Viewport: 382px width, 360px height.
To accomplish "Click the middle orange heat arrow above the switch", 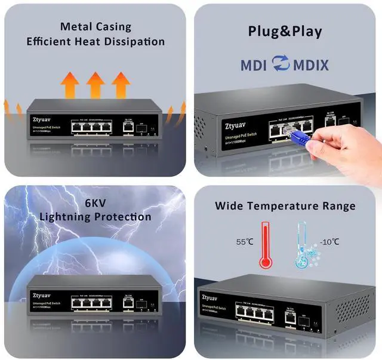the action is coord(95,85).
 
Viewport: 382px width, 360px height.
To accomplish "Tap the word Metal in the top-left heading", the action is coord(77,26).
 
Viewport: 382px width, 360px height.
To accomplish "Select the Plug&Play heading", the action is coord(285,32).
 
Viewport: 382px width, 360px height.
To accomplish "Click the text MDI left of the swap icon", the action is coord(253,64).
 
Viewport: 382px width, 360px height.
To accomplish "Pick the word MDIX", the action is coord(310,64).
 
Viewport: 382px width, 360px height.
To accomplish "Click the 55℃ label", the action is coord(245,242).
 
